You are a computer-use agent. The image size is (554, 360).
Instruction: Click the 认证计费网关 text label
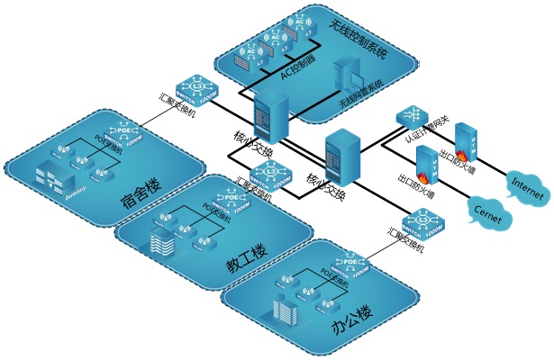(x=422, y=136)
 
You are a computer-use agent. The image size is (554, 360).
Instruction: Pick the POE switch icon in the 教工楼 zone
(x=225, y=202)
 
